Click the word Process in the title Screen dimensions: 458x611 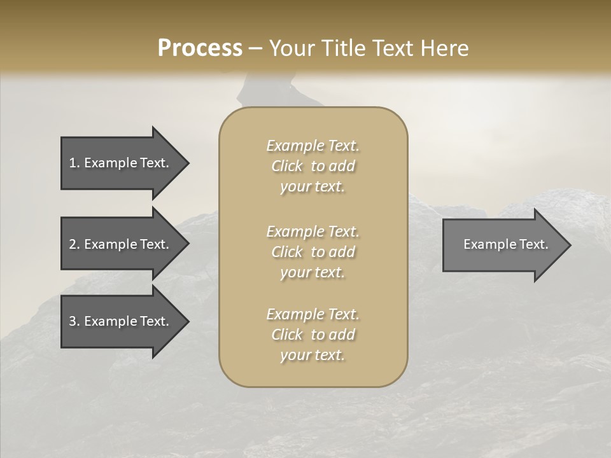pos(200,48)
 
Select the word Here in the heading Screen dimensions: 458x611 pos(444,48)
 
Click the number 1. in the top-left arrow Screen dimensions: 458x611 pos(74,163)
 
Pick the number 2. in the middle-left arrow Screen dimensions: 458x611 pos(74,244)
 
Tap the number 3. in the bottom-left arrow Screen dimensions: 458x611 pos(74,321)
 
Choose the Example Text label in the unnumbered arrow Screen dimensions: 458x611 pos(505,244)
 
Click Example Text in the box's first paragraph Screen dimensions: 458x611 pos(313,146)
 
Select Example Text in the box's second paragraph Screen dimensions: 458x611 pos(313,232)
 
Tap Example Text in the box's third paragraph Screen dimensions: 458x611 pos(313,314)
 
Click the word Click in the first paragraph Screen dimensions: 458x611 pos(287,166)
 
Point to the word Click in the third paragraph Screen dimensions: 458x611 pos(287,335)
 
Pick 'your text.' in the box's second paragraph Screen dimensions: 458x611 pos(313,272)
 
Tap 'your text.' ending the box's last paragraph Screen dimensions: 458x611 pos(313,355)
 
